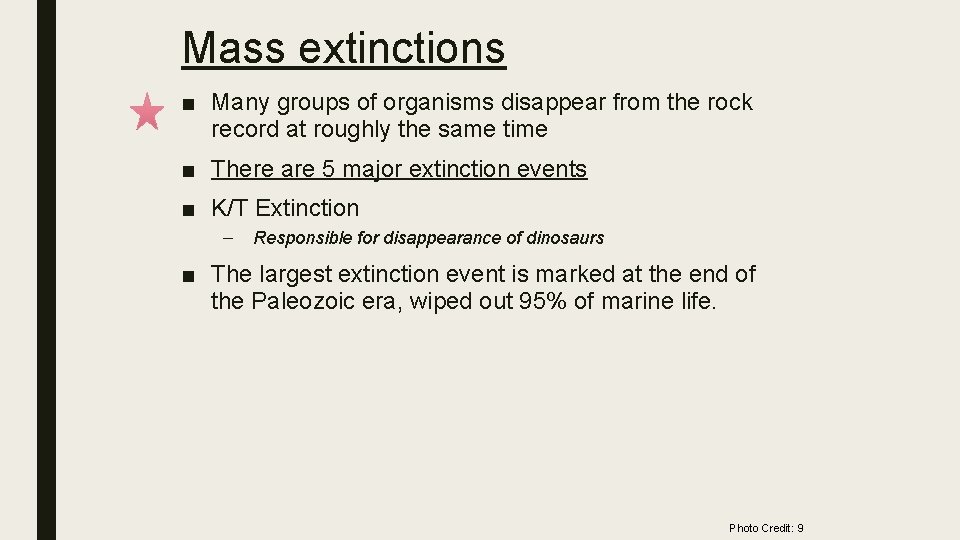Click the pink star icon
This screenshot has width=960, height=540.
[148, 111]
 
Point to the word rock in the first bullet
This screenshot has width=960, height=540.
[730, 102]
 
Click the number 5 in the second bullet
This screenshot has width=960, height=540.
[328, 169]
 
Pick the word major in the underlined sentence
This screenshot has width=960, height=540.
[370, 170]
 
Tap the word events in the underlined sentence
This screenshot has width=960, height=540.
[552, 169]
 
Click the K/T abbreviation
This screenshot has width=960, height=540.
[230, 208]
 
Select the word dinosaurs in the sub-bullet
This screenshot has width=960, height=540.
[564, 238]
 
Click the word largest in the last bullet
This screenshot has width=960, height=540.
[297, 274]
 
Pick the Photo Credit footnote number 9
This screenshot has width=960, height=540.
[800, 528]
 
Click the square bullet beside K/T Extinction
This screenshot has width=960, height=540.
[188, 209]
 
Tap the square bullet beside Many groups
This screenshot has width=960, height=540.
[188, 103]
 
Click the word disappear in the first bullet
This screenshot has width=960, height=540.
[558, 102]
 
